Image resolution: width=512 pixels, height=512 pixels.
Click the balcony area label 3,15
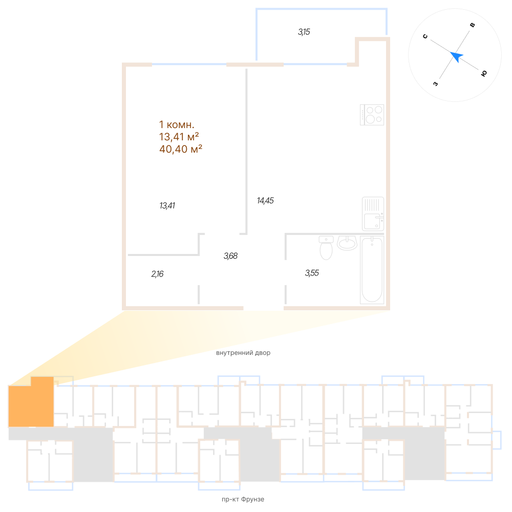(x=304, y=32)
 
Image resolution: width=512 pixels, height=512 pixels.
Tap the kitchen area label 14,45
(x=265, y=201)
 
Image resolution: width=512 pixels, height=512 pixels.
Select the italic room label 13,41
(x=167, y=206)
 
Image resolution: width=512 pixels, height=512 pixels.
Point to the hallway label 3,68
(x=231, y=255)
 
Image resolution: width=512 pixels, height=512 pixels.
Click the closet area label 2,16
(x=157, y=274)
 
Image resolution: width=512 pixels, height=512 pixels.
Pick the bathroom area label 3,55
(x=312, y=273)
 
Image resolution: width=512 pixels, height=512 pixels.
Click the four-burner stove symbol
(x=372, y=115)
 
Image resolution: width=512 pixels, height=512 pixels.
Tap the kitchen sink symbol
(x=373, y=214)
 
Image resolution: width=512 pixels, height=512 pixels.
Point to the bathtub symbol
(x=372, y=270)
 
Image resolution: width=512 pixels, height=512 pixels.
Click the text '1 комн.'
(x=177, y=124)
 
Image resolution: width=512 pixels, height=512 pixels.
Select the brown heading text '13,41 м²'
(x=179, y=137)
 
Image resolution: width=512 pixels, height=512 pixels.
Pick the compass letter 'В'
(x=473, y=25)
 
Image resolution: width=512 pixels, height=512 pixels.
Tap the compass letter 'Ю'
(x=484, y=74)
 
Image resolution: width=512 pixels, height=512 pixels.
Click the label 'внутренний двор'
(x=243, y=353)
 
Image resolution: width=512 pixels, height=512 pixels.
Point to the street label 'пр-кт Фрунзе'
(x=241, y=499)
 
